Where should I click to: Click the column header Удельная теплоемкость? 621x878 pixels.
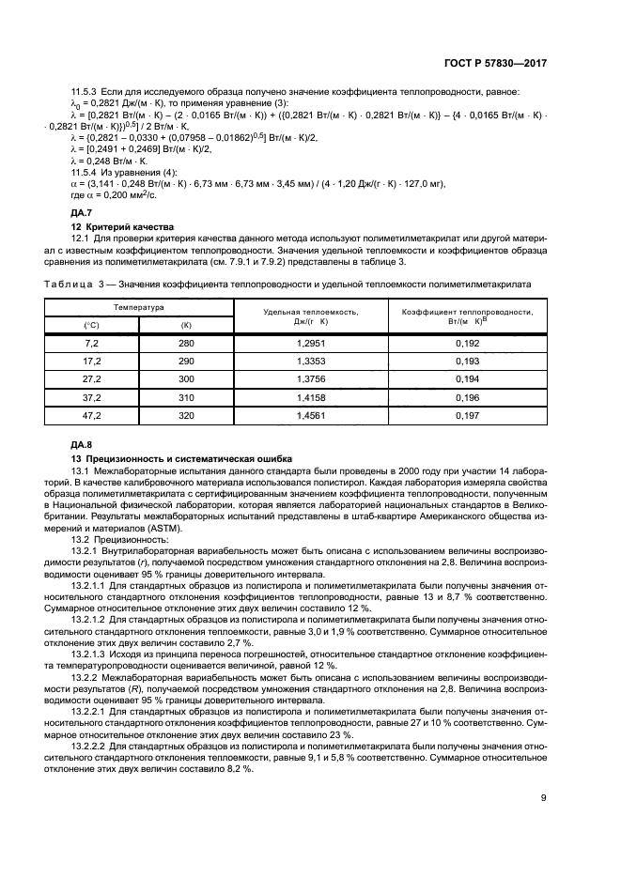pos(310,314)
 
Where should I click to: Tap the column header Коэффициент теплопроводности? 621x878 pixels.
pos(467,314)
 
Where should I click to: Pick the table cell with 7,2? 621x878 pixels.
pos(91,345)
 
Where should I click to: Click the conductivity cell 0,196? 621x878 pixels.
pos(467,397)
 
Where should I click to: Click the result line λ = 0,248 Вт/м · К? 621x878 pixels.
pos(110,162)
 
